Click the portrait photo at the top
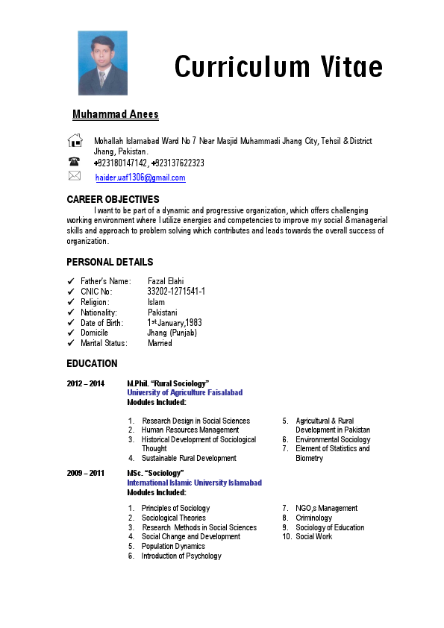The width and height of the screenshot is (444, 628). pos(102,63)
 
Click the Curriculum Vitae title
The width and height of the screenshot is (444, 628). pos(278,66)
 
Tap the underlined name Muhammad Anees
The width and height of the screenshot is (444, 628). pos(115,114)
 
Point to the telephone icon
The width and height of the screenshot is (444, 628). pos(75,162)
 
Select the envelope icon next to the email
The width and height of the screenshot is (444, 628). pos(75,176)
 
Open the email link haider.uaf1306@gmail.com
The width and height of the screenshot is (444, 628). pos(140,178)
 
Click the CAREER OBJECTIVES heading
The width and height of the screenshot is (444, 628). pos(113,199)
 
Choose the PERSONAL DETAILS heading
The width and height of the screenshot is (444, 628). pos(110,262)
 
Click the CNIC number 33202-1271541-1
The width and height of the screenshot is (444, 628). pos(176,292)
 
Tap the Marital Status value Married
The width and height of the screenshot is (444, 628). pos(160,343)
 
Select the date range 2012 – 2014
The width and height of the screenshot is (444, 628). pos(86,383)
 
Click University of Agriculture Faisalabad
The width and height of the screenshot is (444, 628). pos(184,392)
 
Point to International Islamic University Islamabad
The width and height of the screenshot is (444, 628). pos(194,483)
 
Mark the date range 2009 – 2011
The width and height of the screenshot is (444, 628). pos(86,473)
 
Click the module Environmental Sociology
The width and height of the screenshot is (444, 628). pos(332,439)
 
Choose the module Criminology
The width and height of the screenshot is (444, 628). pos(313,518)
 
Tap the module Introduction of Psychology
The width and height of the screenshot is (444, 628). pos(181,556)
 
